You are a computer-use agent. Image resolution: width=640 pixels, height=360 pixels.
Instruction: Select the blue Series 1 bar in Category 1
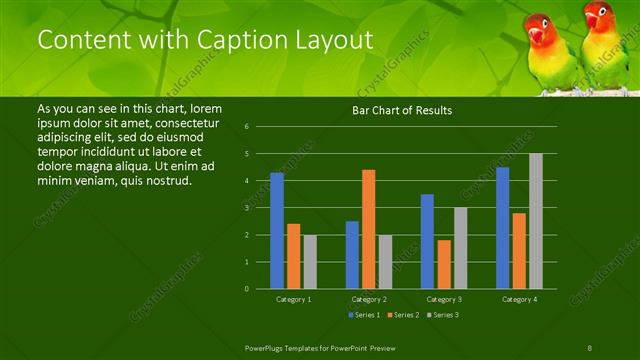(x=277, y=230)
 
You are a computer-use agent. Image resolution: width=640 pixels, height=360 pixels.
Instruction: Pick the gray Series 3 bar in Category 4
(x=536, y=221)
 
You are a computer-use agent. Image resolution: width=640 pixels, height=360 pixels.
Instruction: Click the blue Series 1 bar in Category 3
(x=427, y=241)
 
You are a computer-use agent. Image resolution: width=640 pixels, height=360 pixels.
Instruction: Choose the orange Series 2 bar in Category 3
(x=443, y=264)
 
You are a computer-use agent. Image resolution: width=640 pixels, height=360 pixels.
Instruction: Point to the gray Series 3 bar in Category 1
(x=309, y=261)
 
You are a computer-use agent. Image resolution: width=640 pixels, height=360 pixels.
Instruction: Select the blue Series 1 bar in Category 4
(x=502, y=228)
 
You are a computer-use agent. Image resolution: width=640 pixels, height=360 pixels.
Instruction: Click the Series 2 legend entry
(x=404, y=315)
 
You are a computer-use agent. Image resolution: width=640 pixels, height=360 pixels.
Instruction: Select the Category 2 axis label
(x=368, y=299)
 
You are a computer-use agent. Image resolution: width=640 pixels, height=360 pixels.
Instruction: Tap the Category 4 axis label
(x=519, y=299)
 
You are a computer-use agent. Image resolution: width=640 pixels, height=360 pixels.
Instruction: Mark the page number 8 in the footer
(x=589, y=347)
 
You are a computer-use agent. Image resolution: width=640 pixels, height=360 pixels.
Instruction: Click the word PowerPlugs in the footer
(x=265, y=347)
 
